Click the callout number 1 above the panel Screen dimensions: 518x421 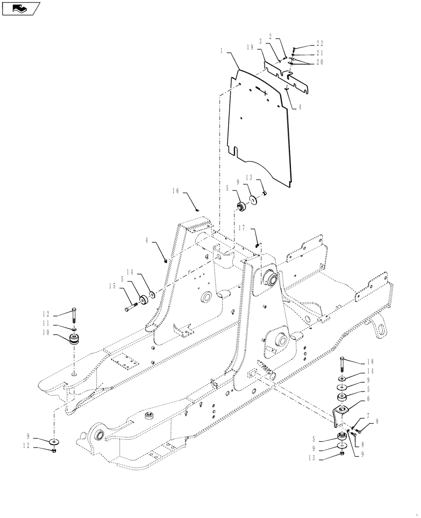click(221, 51)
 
